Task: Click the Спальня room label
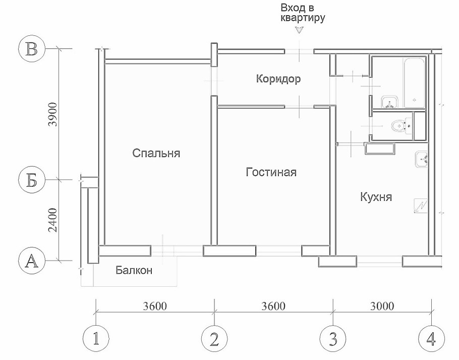click(x=156, y=153)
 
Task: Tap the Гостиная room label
click(x=271, y=172)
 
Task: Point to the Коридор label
click(x=278, y=79)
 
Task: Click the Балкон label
click(x=134, y=270)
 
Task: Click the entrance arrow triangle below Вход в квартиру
click(x=300, y=31)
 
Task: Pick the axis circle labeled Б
click(x=32, y=180)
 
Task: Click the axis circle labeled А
click(x=32, y=261)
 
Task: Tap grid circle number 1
click(x=95, y=339)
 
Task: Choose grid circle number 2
click(x=214, y=339)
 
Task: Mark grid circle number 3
click(x=333, y=339)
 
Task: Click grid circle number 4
click(x=431, y=339)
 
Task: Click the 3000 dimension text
click(x=382, y=306)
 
